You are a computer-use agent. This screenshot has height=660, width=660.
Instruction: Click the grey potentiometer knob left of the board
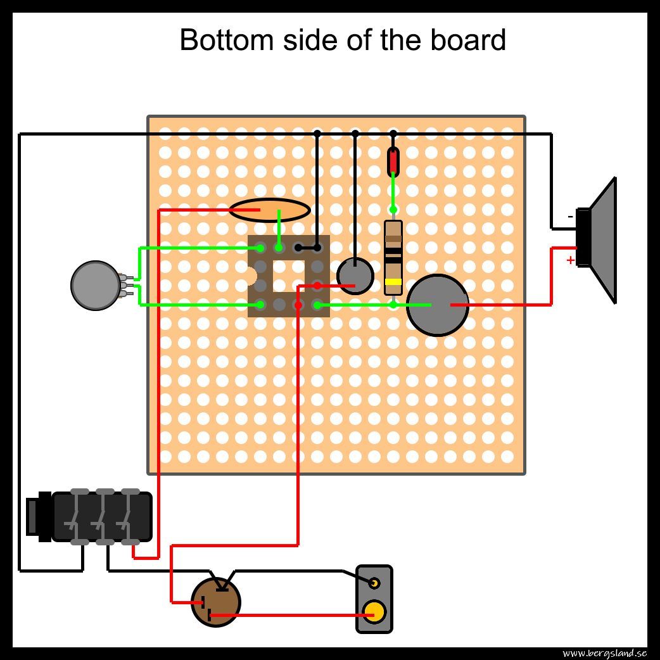(95, 286)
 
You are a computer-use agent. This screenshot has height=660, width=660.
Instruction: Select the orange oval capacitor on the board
(269, 210)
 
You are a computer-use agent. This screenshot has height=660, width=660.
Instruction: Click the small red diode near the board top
(393, 161)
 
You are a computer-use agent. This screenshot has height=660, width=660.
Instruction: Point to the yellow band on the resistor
(393, 282)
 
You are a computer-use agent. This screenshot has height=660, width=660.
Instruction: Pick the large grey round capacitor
(438, 305)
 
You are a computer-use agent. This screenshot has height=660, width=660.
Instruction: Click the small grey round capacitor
(355, 276)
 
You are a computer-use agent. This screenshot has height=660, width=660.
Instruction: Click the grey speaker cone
(604, 241)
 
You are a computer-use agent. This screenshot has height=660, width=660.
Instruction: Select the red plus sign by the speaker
(570, 260)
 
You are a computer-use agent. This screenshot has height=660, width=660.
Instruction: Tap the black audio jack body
(101, 517)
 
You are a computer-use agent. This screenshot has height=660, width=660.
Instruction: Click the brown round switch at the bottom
(216, 602)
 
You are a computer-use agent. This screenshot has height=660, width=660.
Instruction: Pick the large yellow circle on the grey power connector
(374, 611)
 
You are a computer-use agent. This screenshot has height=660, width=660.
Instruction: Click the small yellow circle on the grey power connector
(374, 583)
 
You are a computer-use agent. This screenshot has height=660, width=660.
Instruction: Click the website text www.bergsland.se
(604, 653)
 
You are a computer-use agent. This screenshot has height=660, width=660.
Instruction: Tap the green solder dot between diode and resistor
(393, 210)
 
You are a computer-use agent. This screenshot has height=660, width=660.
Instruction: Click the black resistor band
(393, 259)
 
